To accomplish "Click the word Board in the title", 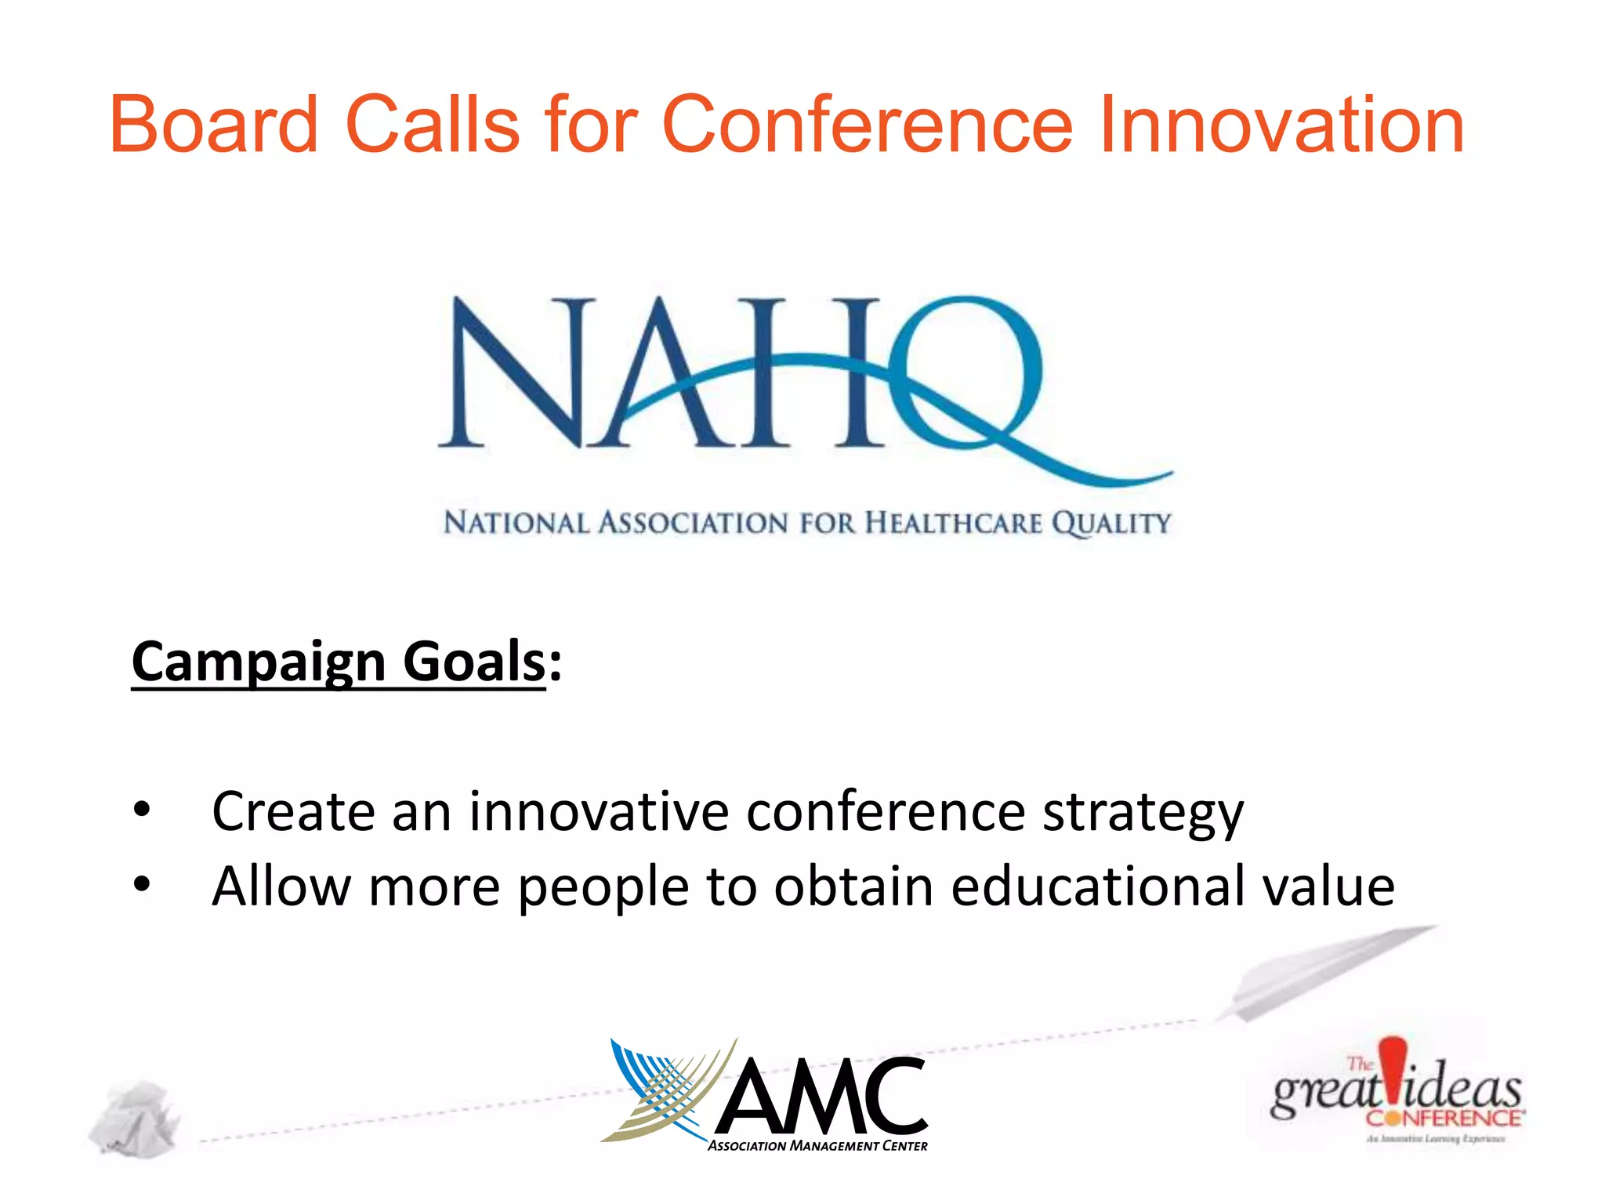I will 213,124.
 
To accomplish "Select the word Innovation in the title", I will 1282,124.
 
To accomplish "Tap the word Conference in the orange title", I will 867,124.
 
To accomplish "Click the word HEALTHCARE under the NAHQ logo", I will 953,523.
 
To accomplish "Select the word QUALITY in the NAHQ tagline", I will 1111,523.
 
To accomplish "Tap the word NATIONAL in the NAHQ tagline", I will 516,523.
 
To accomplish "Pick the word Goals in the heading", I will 473,661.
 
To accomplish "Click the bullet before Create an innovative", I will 141,811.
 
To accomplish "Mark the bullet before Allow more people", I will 141,884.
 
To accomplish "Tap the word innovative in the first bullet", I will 599,811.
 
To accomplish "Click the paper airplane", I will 1324,972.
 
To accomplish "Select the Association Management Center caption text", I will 817,1146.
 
